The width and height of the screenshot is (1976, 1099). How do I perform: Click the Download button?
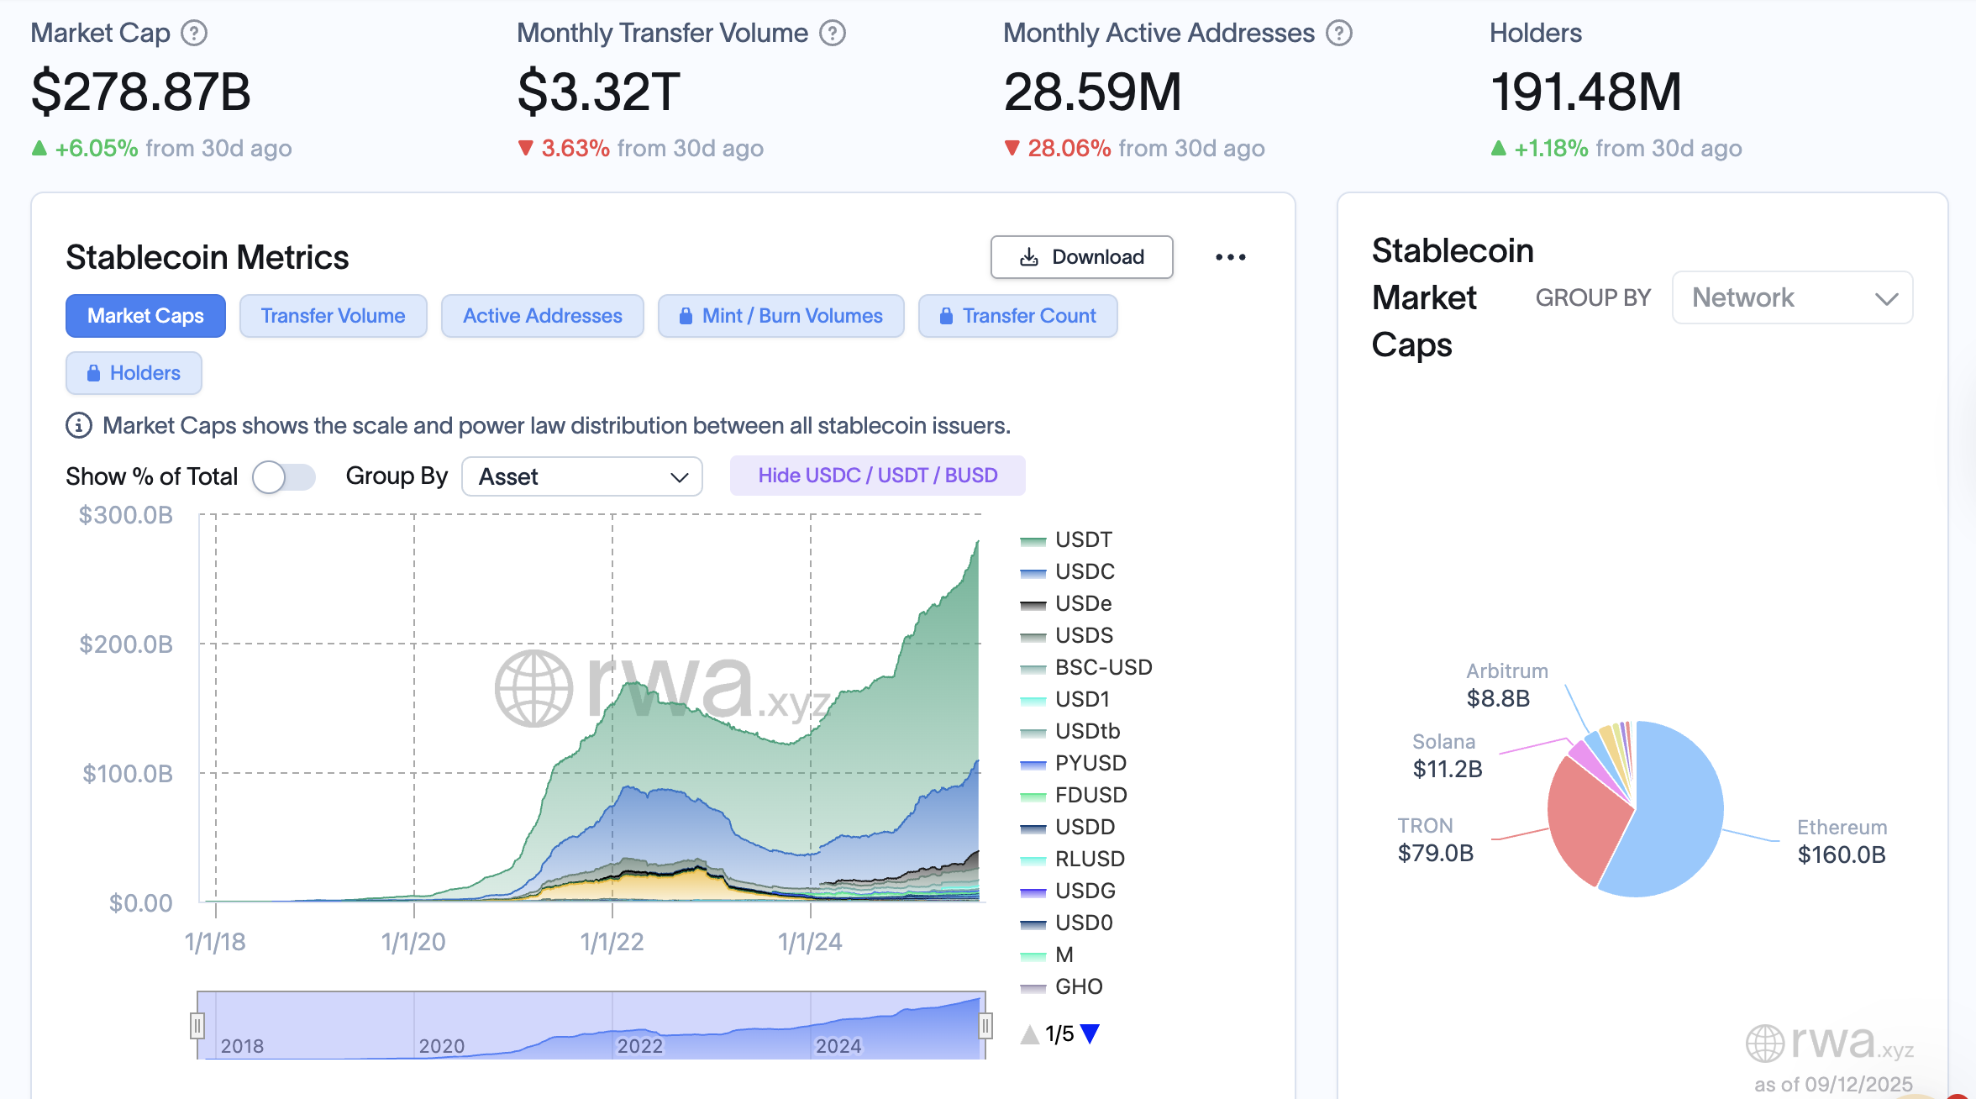(x=1081, y=257)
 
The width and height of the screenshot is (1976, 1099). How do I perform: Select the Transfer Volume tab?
(x=333, y=316)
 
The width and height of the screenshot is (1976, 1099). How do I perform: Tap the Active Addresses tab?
(x=542, y=316)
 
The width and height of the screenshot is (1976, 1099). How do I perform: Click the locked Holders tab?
(x=134, y=373)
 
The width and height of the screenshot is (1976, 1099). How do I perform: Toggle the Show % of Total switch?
(x=283, y=476)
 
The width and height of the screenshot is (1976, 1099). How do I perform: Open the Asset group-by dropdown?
(x=581, y=476)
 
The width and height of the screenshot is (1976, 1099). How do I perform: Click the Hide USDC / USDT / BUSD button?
(x=877, y=476)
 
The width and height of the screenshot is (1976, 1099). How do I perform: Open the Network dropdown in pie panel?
(x=1792, y=297)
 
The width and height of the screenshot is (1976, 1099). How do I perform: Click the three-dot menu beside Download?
(x=1230, y=257)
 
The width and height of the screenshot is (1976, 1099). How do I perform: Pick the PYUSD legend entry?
(x=1090, y=763)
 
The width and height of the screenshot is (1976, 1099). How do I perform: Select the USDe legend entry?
(x=1083, y=603)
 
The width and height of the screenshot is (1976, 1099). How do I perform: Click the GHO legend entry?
(x=1078, y=986)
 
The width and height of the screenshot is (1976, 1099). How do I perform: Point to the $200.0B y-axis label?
(x=126, y=644)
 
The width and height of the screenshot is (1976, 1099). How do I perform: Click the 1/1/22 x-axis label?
(x=612, y=942)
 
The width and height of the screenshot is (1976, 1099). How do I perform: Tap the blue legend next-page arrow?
(x=1090, y=1033)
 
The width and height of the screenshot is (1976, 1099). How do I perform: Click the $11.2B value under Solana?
(x=1447, y=769)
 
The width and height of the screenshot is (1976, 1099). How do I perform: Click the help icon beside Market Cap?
(x=194, y=33)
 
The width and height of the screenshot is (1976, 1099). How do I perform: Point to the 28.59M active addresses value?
(x=1092, y=92)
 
